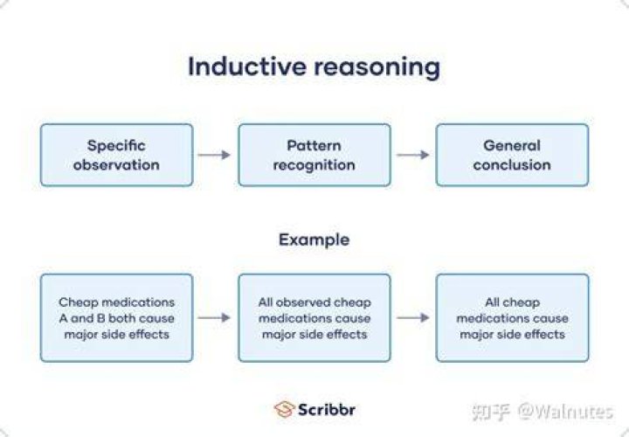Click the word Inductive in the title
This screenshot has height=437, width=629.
coord(246,66)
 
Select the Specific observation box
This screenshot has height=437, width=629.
coord(117,155)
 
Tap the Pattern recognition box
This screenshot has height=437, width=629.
coord(314,155)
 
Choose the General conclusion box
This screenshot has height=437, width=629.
coord(512,155)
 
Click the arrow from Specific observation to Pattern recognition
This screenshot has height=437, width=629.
coord(214,155)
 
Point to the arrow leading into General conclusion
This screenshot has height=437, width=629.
coord(412,155)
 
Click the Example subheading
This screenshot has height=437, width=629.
coord(314,240)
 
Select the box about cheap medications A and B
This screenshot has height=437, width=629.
coord(117,318)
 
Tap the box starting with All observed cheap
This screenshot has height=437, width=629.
coord(314,318)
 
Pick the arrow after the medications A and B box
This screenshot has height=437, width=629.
coord(214,318)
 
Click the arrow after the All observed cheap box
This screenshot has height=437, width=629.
coord(412,318)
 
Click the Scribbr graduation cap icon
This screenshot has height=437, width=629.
coord(285,409)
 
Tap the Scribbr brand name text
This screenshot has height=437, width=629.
coord(327,410)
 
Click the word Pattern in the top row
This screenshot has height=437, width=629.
coord(314,145)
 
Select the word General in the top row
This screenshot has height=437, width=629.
coord(512,145)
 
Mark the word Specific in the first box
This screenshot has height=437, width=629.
coord(116,146)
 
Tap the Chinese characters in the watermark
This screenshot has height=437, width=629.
coord(491,413)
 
